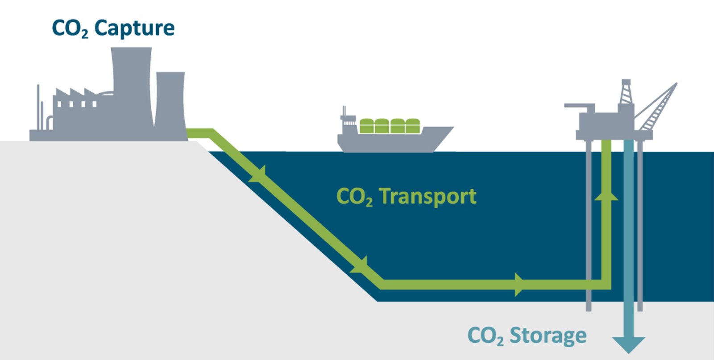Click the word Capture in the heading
[x=134, y=28]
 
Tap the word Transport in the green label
[x=428, y=197]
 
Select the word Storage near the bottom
[x=548, y=335]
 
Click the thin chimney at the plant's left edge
[x=38, y=107]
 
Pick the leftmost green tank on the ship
[x=367, y=126]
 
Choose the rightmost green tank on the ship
[x=412, y=126]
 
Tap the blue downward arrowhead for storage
[x=629, y=344]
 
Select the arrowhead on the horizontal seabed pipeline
[x=519, y=284]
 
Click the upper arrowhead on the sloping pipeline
[x=259, y=175]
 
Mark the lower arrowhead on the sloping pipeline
[x=361, y=266]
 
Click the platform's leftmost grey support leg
[x=588, y=223]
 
